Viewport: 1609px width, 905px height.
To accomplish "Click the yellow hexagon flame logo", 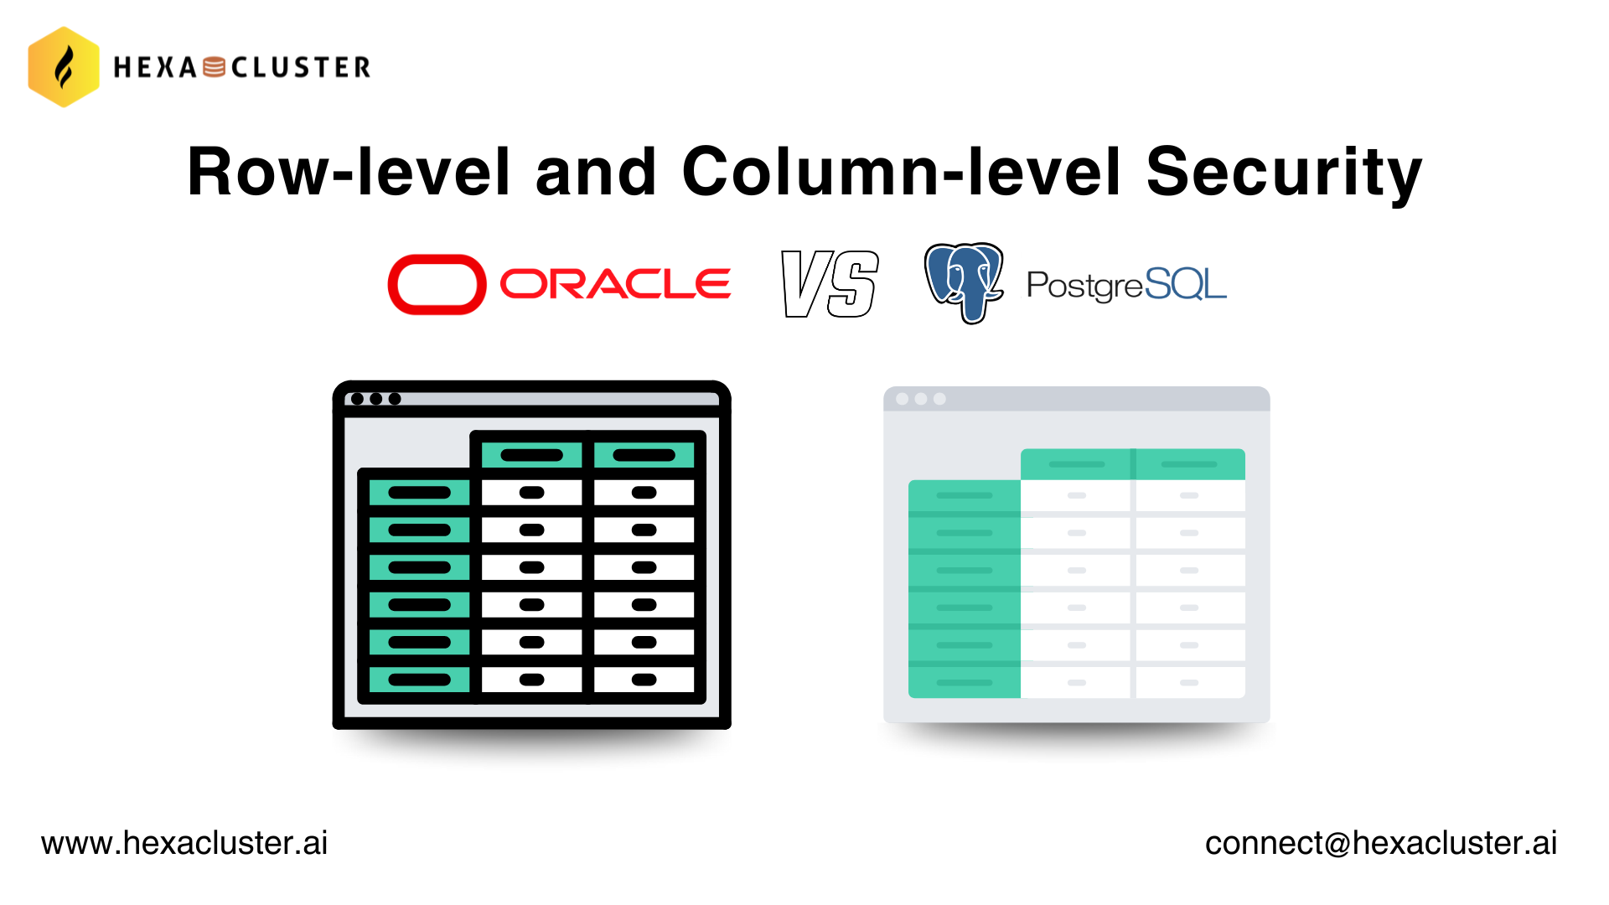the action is coord(64,67).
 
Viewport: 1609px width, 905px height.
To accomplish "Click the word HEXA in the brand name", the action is coord(155,67).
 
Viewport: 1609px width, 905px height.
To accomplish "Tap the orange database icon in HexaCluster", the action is coord(215,67).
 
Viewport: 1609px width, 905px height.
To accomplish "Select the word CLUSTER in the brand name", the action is coord(301,67).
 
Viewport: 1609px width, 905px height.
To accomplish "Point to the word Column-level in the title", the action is coord(901,172).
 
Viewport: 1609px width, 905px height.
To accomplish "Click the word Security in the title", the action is coord(1284,173).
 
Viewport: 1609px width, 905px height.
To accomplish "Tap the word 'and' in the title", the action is coord(595,172).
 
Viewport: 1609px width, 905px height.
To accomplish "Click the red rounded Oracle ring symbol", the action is coord(437,285).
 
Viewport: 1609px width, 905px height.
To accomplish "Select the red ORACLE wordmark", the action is coord(615,284).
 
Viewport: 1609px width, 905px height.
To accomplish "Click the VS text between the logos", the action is coord(830,284).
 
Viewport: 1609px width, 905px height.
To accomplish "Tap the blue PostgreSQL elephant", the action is coord(964,283).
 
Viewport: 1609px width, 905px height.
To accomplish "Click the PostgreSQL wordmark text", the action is coord(1126,285).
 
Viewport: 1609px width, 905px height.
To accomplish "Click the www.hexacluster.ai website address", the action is coord(184,843).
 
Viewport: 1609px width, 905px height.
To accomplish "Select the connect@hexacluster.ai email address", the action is coord(1381,843).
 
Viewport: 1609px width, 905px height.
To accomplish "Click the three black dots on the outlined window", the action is coord(375,399).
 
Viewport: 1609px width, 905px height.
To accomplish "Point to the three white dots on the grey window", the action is coord(921,399).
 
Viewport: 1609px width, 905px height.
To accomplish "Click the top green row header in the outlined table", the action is coord(419,493).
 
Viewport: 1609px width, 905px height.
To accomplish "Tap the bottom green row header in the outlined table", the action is coord(419,680).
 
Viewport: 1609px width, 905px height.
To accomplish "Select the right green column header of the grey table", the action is coord(1190,464).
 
